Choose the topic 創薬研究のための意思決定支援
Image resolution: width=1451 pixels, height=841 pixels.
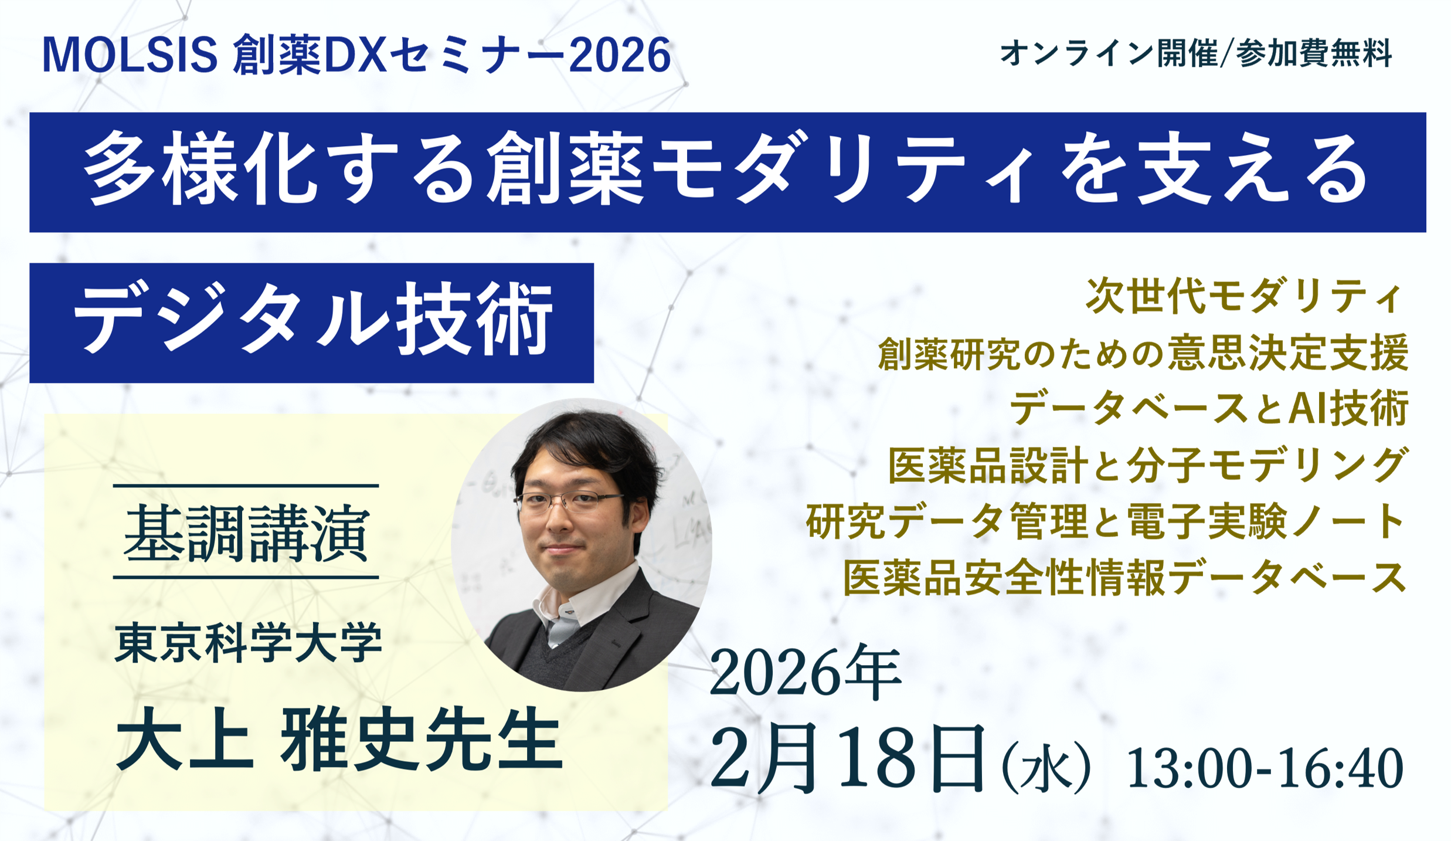(x=1143, y=353)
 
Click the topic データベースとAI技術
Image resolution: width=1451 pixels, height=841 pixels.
(x=1208, y=408)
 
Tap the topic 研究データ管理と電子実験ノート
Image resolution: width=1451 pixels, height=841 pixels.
(x=1106, y=521)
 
